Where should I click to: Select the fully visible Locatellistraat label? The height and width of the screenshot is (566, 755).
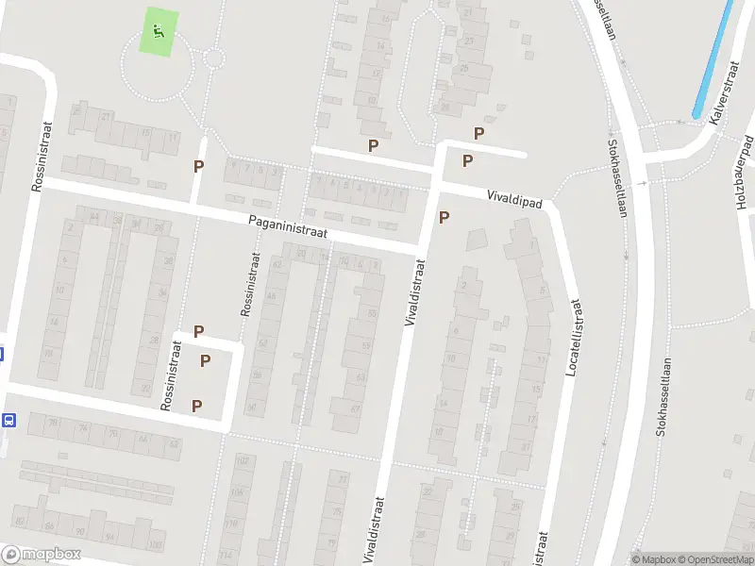coord(572,339)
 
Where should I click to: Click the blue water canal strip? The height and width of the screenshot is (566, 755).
coord(713,59)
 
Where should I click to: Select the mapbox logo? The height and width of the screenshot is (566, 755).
coord(41,555)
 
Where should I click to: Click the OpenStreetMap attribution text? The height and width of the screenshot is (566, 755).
coord(710,559)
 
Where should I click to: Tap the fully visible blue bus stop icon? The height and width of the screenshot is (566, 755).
coord(9,420)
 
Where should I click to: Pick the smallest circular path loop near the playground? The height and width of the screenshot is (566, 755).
coord(214,58)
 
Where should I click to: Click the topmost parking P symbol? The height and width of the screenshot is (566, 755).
coord(478,134)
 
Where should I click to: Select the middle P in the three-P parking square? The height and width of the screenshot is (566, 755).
coord(205,360)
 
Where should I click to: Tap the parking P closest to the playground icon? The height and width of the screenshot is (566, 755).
coord(198,166)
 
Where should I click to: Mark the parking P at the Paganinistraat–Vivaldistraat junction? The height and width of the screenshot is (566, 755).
coord(444,218)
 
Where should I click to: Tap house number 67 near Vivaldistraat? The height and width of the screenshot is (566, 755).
coord(356,409)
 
